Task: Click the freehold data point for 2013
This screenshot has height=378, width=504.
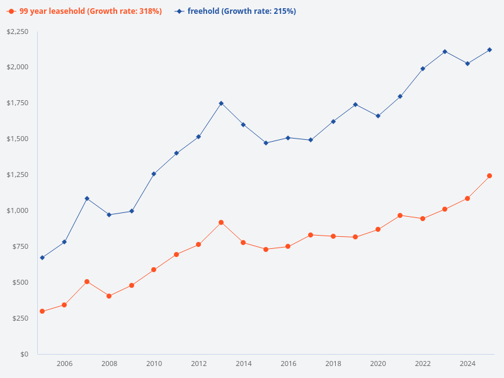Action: pyautogui.click(x=221, y=103)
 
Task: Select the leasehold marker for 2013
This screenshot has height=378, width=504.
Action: pyautogui.click(x=221, y=222)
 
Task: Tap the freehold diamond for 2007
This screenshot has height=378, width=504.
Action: pyautogui.click(x=87, y=198)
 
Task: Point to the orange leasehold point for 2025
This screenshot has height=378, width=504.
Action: pyautogui.click(x=490, y=176)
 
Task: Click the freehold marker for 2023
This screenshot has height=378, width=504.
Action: pyautogui.click(x=445, y=52)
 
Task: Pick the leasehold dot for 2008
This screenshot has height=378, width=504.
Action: pyautogui.click(x=109, y=296)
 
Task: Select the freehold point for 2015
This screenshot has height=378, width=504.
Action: pyautogui.click(x=266, y=143)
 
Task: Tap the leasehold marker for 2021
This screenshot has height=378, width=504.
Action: pyautogui.click(x=400, y=215)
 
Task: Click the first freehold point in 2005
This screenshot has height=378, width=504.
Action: pyautogui.click(x=42, y=258)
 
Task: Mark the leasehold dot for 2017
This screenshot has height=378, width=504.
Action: pyautogui.click(x=311, y=235)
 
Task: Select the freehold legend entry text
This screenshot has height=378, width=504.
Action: pyautogui.click(x=241, y=11)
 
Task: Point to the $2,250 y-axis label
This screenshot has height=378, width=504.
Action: pyautogui.click(x=18, y=32)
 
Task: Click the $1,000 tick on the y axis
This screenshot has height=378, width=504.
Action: pyautogui.click(x=18, y=210)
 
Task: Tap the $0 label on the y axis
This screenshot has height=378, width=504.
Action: pyautogui.click(x=24, y=354)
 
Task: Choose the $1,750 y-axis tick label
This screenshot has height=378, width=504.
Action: pyautogui.click(x=18, y=103)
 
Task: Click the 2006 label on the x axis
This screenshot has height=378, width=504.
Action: pyautogui.click(x=64, y=364)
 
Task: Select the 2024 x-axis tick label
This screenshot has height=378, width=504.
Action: pyautogui.click(x=467, y=364)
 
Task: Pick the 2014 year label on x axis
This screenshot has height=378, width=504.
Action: pyautogui.click(x=244, y=364)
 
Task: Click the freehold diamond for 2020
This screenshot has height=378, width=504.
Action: pyautogui.click(x=378, y=116)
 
